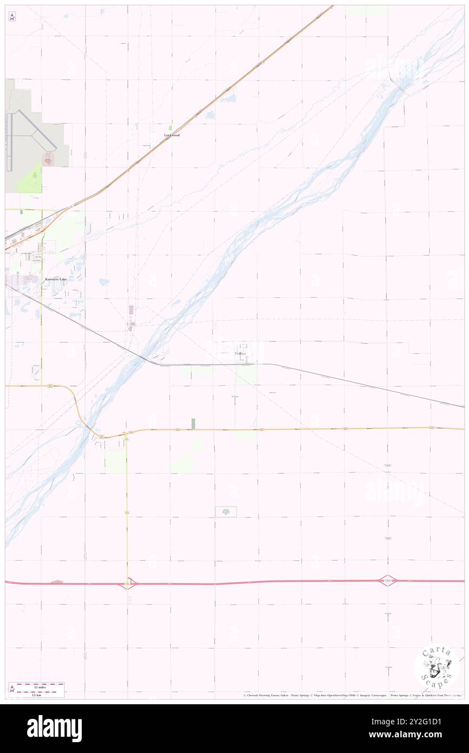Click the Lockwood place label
(172, 135)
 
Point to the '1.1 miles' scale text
(36, 685)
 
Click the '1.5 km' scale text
(36, 694)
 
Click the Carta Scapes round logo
(437, 667)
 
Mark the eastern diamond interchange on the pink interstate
(388, 581)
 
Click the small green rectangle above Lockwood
(170, 128)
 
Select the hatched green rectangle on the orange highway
(193, 424)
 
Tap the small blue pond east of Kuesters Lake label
(103, 281)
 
